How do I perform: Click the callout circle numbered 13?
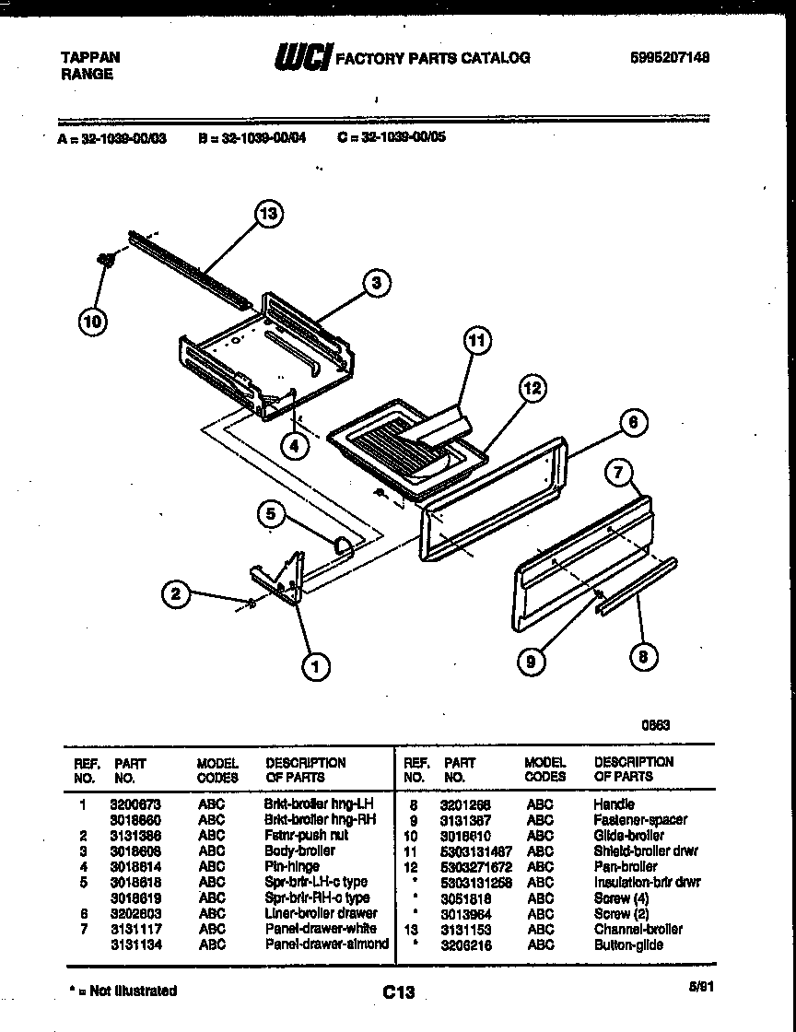(267, 214)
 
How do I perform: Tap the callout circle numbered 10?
(93, 322)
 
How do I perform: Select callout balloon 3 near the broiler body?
(376, 284)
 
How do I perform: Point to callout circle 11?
(475, 341)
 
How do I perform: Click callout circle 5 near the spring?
(270, 514)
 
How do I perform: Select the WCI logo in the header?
(302, 58)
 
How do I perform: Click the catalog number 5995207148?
(670, 57)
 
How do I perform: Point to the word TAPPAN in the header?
(89, 57)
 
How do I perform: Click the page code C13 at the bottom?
(398, 991)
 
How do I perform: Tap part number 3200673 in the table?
(134, 803)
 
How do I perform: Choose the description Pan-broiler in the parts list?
(626, 866)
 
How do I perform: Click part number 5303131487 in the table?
(475, 850)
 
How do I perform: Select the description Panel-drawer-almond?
(326, 944)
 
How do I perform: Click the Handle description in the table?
(614, 803)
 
